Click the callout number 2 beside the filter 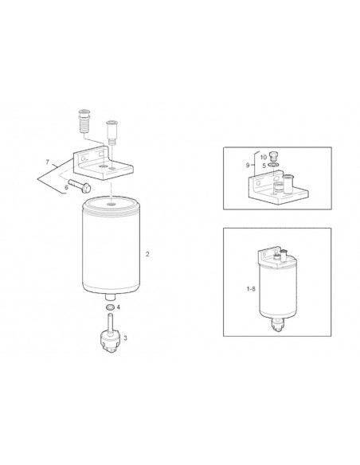(147, 254)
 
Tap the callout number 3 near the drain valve (125, 338)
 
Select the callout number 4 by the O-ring (119, 307)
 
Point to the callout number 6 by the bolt (66, 187)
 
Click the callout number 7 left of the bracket (48, 162)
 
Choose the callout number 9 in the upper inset (248, 165)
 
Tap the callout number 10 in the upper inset (264, 157)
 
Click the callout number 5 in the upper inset (264, 166)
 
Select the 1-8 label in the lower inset (251, 288)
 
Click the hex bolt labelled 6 (80, 186)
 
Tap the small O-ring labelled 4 (111, 307)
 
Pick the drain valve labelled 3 (111, 338)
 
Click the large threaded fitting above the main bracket (84, 121)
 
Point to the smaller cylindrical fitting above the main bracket (112, 132)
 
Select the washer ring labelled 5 (273, 165)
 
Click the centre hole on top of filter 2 (111, 205)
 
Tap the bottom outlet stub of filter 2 (111, 297)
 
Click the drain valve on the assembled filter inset (278, 325)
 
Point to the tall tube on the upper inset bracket (288, 184)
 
